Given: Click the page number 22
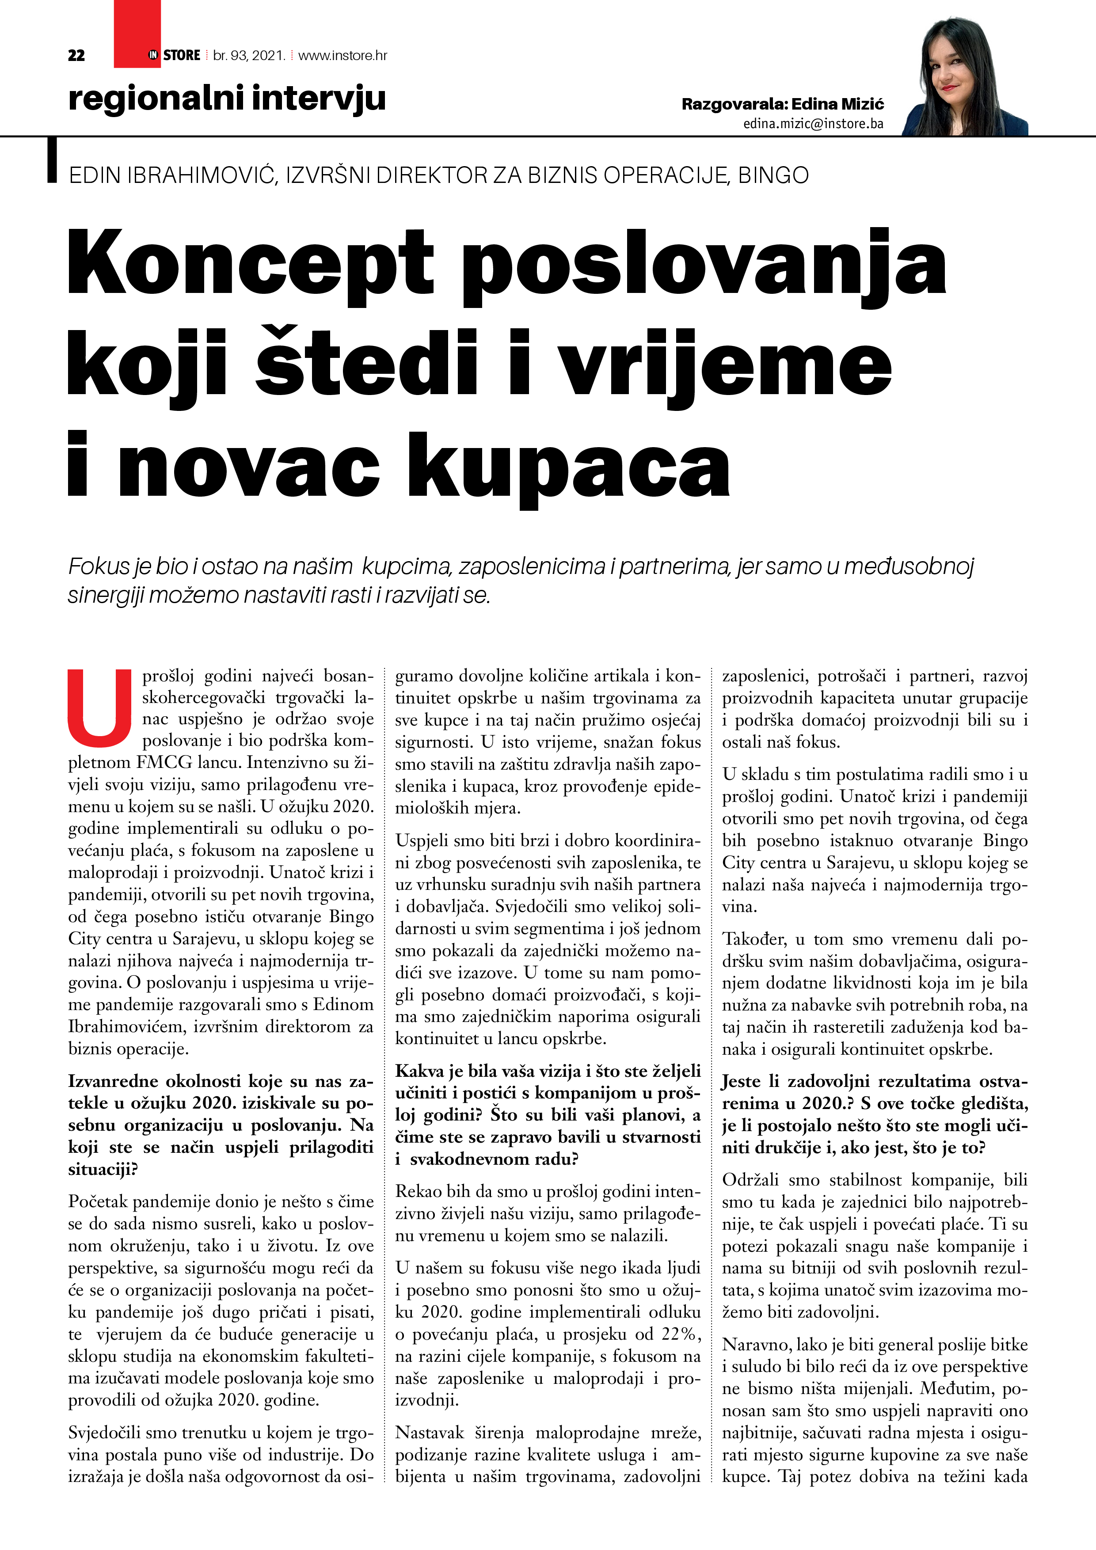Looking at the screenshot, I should (x=76, y=55).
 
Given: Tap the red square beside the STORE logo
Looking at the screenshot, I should (x=137, y=34).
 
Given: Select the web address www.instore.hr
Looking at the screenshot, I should (x=342, y=55).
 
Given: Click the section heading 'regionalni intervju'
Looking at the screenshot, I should (x=227, y=98).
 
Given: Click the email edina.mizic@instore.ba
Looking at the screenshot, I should (x=813, y=124).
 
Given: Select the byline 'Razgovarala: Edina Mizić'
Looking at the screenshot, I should (x=782, y=104).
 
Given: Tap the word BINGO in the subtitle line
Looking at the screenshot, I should (x=773, y=175).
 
